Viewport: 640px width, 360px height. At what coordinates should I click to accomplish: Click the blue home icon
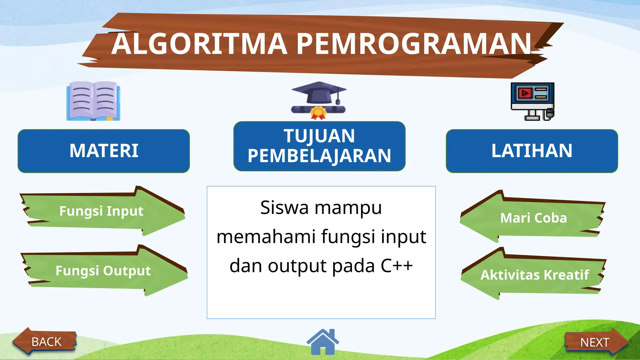coord(323,342)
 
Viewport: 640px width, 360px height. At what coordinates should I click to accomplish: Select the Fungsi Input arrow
coord(102,211)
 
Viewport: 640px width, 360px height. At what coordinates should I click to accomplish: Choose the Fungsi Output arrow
coord(103,271)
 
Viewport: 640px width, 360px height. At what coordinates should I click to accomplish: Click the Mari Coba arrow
coord(533,218)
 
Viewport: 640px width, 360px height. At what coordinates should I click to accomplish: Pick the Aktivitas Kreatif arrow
coord(534,275)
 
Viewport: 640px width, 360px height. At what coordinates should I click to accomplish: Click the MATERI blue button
coord(104,151)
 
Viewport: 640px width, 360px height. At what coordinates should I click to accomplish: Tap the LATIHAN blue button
coord(532,151)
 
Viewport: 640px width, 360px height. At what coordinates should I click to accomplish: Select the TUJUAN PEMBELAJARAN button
coord(319,146)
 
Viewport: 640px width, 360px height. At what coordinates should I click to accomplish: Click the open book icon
coord(93,101)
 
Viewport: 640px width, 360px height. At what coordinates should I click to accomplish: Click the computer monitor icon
coord(532,101)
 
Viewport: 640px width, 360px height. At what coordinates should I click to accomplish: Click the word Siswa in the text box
coord(284,208)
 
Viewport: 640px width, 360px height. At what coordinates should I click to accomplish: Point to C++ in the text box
coord(397,266)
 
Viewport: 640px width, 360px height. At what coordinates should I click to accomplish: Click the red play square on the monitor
coord(525,93)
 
